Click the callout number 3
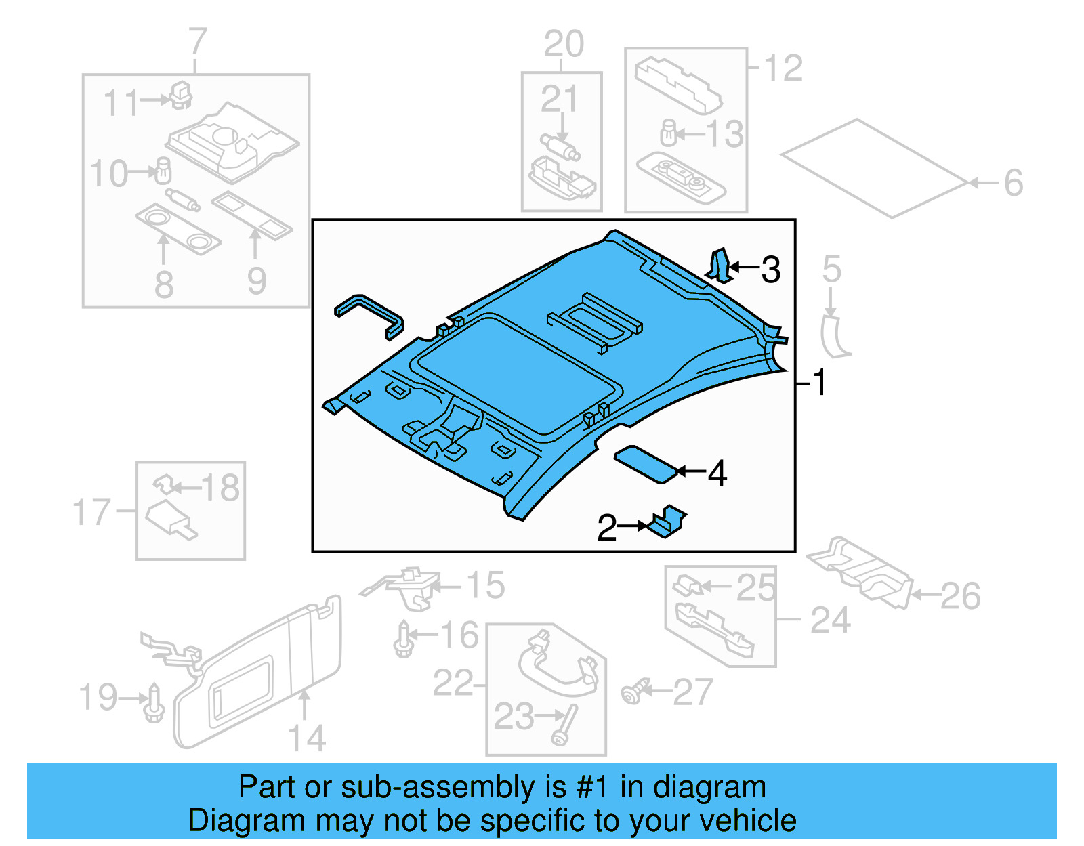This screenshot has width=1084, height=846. pos(771,270)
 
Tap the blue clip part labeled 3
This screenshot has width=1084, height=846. pos(720,266)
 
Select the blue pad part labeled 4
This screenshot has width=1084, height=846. pos(645,464)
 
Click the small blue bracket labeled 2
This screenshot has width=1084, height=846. pos(667,522)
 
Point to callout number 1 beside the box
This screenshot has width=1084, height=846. pos(819,383)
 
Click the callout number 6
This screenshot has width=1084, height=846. pos(1014,183)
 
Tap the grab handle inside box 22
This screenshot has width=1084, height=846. pos(558,667)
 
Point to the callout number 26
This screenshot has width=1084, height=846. pos(960,596)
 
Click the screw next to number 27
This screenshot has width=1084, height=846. pos(634,692)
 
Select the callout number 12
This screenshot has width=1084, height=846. pos(783,68)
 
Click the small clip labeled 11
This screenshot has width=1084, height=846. pos(181,96)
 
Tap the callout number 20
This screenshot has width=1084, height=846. pos(564,44)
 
